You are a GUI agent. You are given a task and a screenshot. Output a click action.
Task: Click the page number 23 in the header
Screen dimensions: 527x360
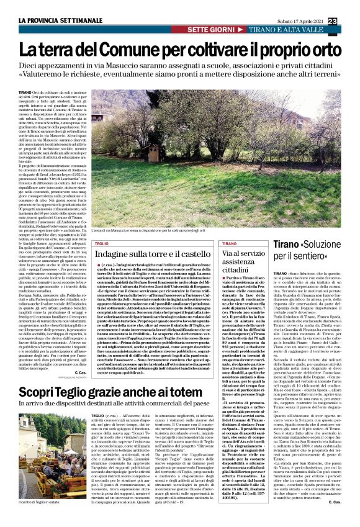[349, 22]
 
